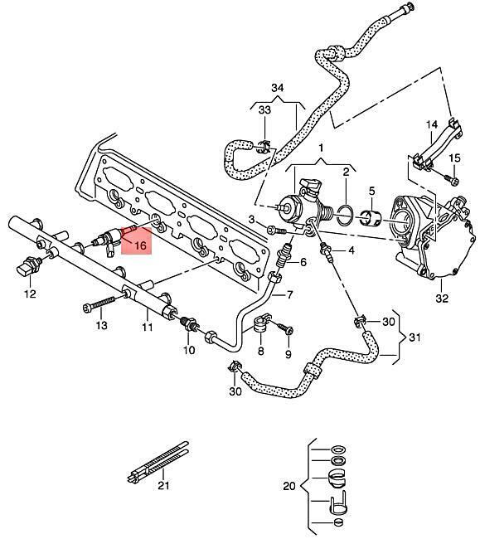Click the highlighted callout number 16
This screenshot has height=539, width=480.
coord(141,245)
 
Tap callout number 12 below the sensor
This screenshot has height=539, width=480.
coord(30,294)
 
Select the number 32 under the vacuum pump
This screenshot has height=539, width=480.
coord(442,298)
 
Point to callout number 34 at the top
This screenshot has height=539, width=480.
coord(278,88)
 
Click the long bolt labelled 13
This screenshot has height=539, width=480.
coord(99,304)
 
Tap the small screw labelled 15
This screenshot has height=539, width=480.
coord(450,179)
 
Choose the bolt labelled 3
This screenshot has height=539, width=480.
coord(276,230)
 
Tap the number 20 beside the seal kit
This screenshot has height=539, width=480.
coord(289,486)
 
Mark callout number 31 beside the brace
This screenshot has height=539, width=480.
coord(415,337)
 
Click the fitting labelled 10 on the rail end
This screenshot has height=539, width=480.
coord(189,323)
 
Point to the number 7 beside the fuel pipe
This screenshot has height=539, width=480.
coord(289,294)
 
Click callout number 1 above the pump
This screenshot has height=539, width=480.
coord(321,148)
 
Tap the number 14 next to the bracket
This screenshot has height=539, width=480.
coord(432,124)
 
